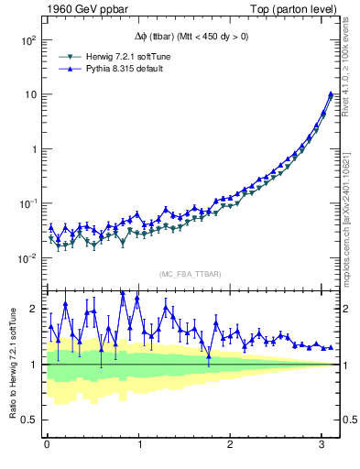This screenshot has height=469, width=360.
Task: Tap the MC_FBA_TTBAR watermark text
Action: click(191, 275)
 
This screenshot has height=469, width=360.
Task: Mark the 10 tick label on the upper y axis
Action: click(28, 95)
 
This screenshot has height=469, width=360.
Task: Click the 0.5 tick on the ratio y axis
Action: click(27, 420)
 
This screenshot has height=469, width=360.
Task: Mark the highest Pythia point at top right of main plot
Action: click(330, 93)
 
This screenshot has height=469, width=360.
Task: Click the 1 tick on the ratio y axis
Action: click(33, 365)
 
